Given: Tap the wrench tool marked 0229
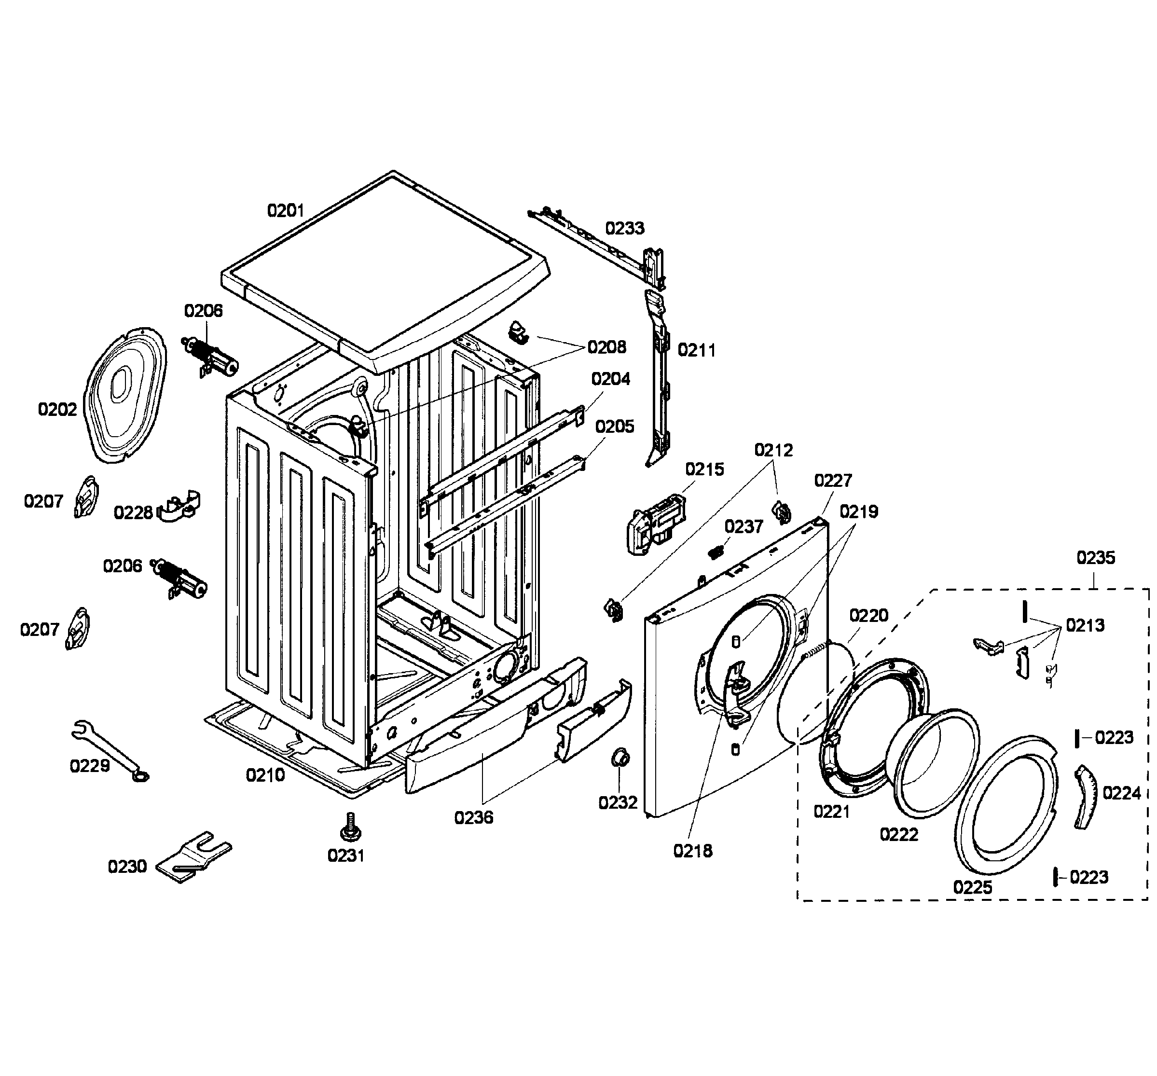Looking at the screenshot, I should click(108, 750).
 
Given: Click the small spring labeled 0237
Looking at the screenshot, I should click(717, 550).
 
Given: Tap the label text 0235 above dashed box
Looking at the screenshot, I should click(1095, 557).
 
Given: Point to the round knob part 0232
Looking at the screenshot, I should click(620, 758).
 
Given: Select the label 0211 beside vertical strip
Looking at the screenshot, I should click(696, 350).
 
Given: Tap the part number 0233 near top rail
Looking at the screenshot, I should click(624, 228).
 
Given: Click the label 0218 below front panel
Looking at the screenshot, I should click(692, 851).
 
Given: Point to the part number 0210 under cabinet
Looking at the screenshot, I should click(265, 774).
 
